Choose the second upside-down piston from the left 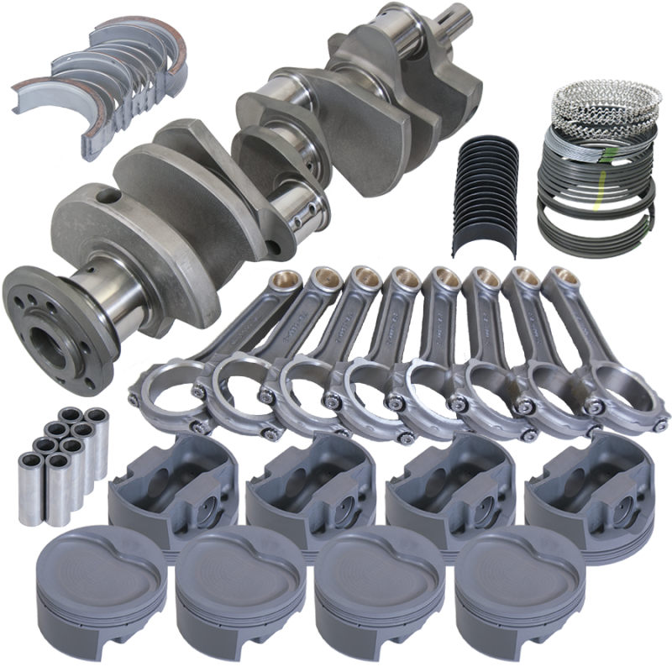[x=307, y=487]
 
